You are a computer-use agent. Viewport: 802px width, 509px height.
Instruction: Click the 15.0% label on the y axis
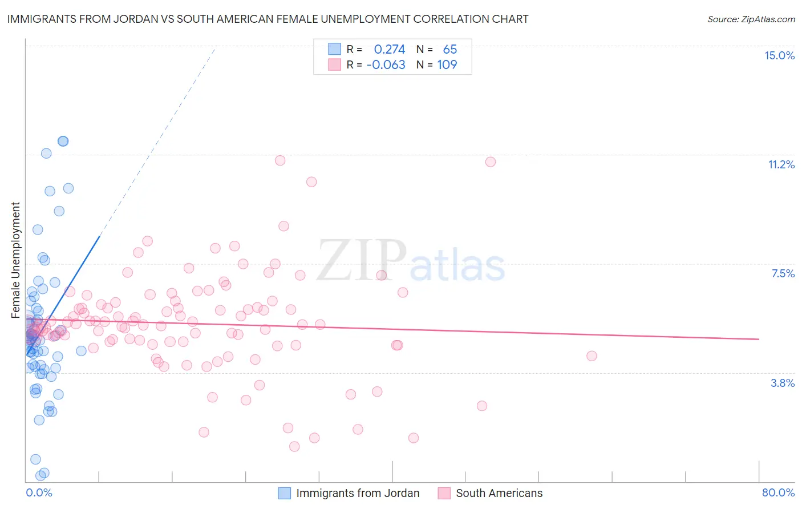tap(779, 55)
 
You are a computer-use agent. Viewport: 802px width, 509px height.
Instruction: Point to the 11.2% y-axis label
tap(781, 164)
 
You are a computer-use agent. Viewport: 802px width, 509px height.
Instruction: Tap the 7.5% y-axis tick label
tap(783, 273)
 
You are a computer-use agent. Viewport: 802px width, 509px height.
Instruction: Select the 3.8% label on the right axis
tap(783, 383)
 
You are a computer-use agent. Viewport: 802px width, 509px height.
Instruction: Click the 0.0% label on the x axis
tap(39, 492)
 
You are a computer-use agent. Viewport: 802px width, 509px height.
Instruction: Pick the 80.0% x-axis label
tap(778, 492)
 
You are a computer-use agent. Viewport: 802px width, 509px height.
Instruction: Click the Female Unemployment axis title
tap(15, 260)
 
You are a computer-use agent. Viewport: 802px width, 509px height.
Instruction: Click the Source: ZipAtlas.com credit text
tap(751, 19)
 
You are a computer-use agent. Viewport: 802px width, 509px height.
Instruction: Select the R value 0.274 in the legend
tap(389, 49)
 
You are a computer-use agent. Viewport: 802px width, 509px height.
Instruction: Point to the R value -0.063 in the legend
tap(386, 64)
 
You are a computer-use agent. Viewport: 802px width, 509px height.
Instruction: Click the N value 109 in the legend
tap(447, 64)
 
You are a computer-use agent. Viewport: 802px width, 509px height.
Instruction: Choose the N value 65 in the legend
tap(449, 49)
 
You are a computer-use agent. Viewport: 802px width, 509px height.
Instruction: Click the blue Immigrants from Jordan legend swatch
tap(284, 493)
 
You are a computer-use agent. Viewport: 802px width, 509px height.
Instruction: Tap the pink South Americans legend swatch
tap(444, 493)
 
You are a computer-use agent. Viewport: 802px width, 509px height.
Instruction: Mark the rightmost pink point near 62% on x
tap(592, 356)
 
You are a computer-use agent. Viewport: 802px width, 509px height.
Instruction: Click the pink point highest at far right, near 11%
tap(491, 162)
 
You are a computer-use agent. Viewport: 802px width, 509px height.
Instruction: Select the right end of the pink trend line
tap(759, 339)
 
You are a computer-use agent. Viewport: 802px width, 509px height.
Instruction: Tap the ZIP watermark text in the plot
tap(362, 261)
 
